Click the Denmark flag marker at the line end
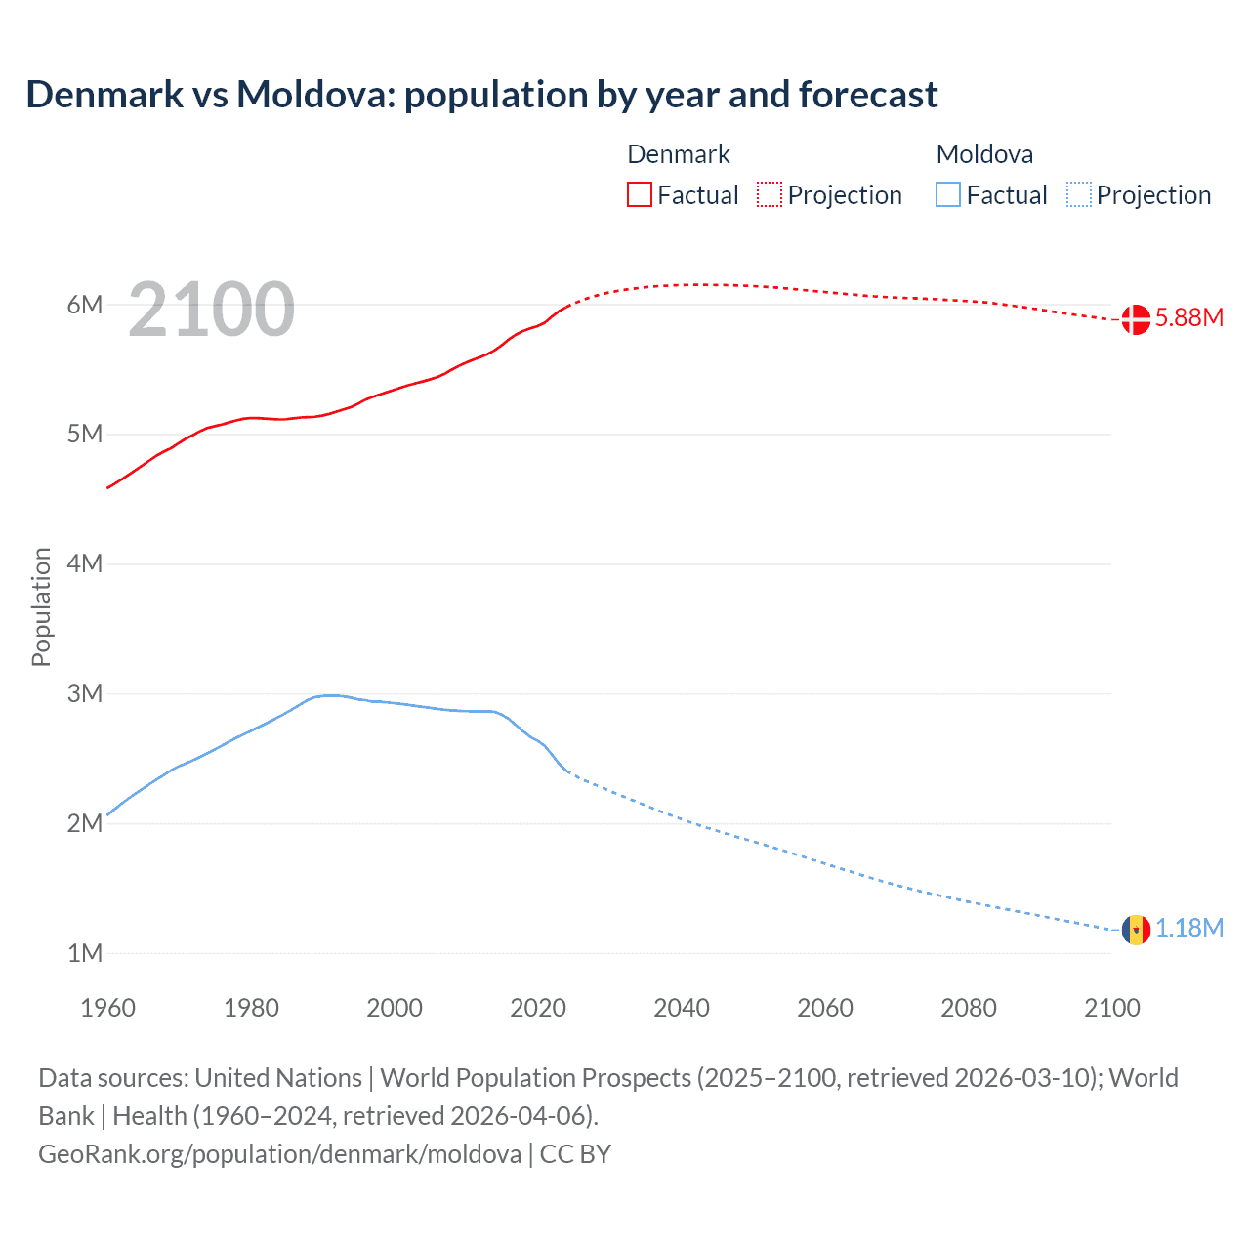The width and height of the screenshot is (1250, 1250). (1136, 319)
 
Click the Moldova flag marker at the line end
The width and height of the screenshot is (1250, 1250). (1136, 929)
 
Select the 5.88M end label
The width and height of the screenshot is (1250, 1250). (1188, 318)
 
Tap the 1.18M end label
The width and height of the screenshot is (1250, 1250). (1188, 928)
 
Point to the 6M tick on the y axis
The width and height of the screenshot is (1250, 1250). (85, 305)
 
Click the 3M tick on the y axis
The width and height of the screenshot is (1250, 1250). (85, 693)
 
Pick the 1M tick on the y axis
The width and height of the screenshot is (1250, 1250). (85, 953)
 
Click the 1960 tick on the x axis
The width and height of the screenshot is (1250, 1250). (107, 1008)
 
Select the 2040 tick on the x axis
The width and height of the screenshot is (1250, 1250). (682, 1008)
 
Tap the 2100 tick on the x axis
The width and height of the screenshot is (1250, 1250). (1111, 1008)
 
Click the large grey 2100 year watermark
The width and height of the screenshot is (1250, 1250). (211, 310)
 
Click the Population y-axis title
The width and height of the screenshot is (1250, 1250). (41, 606)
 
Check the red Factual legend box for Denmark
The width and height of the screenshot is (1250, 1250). (640, 194)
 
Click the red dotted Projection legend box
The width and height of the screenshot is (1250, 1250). (770, 194)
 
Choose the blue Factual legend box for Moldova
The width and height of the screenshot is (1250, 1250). (948, 194)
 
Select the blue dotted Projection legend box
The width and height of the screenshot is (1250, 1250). (1078, 194)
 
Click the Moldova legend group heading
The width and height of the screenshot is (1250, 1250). (984, 154)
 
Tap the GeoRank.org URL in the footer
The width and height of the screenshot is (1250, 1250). (279, 1154)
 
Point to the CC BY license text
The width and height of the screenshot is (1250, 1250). (575, 1154)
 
